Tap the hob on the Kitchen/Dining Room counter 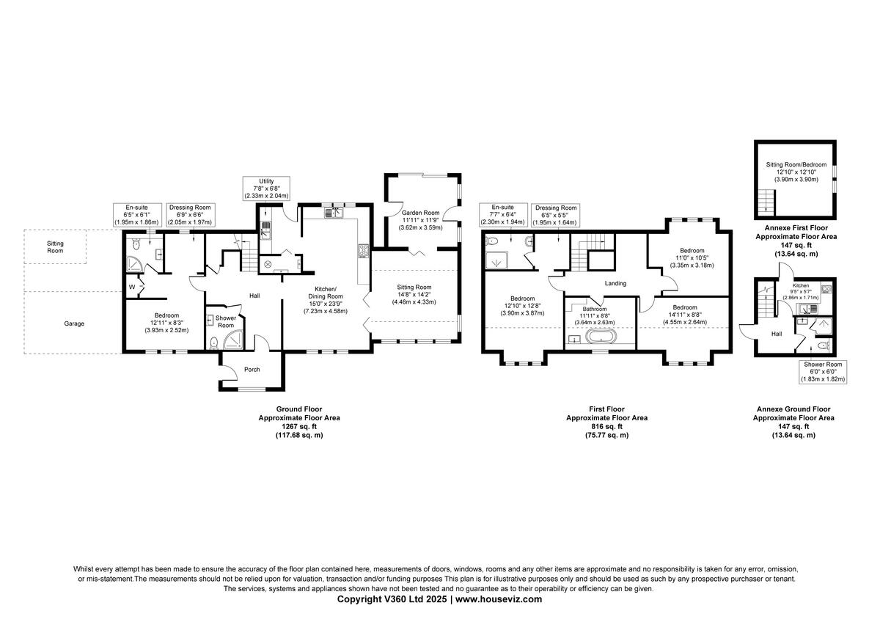click(x=364, y=251)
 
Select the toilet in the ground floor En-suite click(x=136, y=244)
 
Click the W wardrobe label click(x=132, y=287)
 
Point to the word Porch click(x=252, y=370)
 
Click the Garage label click(x=74, y=323)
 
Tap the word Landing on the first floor click(x=615, y=283)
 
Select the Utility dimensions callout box click(x=266, y=189)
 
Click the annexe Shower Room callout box click(x=823, y=372)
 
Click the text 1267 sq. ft click(x=299, y=426)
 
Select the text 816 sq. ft click(x=606, y=426)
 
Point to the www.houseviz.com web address click(x=499, y=599)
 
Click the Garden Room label click(x=420, y=213)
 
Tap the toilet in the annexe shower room click(x=823, y=345)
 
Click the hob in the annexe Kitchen click(x=826, y=289)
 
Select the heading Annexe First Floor click(x=796, y=228)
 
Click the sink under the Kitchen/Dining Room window click(x=334, y=213)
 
